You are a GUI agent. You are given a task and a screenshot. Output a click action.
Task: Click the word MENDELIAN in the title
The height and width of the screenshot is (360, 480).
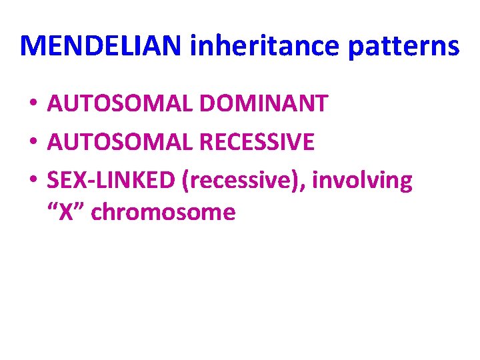102,45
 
